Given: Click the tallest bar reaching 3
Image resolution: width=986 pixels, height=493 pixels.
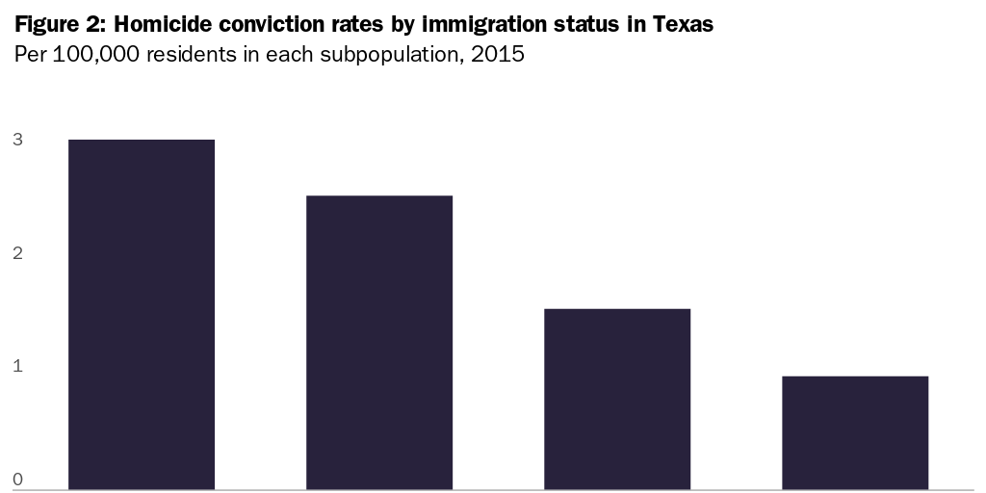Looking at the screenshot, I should (141, 314).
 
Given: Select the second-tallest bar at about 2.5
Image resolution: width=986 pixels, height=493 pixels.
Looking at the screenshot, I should (378, 342).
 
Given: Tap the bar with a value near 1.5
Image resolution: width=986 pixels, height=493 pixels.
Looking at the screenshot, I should (616, 399).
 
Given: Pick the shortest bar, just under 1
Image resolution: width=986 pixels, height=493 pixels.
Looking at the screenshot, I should (854, 432).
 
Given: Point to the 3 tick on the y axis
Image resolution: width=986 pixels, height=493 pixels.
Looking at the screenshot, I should (17, 141).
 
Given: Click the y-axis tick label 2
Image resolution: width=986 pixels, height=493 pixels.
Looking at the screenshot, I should (17, 253).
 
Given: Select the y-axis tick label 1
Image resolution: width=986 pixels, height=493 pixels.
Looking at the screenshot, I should (17, 367).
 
